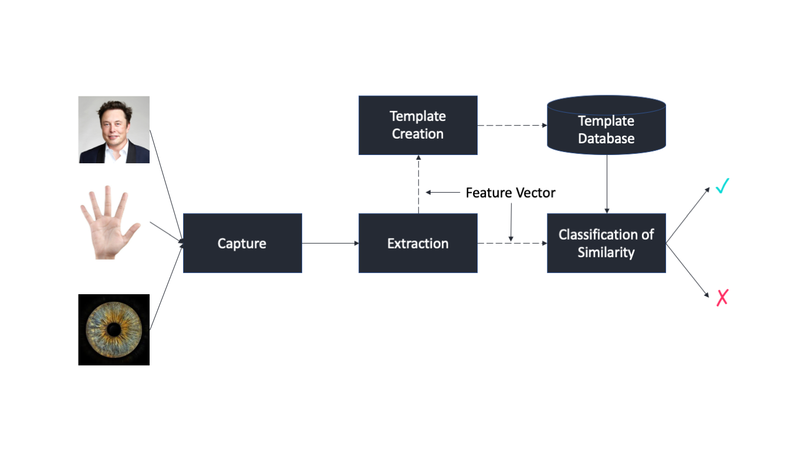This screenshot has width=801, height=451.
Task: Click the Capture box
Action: click(242, 243)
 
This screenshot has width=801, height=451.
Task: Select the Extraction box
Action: click(418, 243)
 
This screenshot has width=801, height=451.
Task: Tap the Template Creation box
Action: click(418, 125)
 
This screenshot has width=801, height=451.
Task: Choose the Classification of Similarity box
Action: click(606, 243)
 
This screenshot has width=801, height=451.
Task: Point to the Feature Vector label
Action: click(510, 193)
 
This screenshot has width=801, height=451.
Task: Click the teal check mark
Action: click(722, 187)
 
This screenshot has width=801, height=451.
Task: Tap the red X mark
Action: click(722, 298)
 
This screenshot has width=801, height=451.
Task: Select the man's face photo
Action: click(114, 130)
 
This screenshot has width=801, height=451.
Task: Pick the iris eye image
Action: click(114, 330)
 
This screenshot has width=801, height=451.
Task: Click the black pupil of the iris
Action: click(114, 330)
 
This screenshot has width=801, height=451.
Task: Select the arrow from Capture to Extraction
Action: click(330, 243)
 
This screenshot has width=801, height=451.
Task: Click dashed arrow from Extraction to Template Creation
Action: click(418, 184)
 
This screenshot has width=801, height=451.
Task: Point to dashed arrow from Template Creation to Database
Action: click(512, 125)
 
